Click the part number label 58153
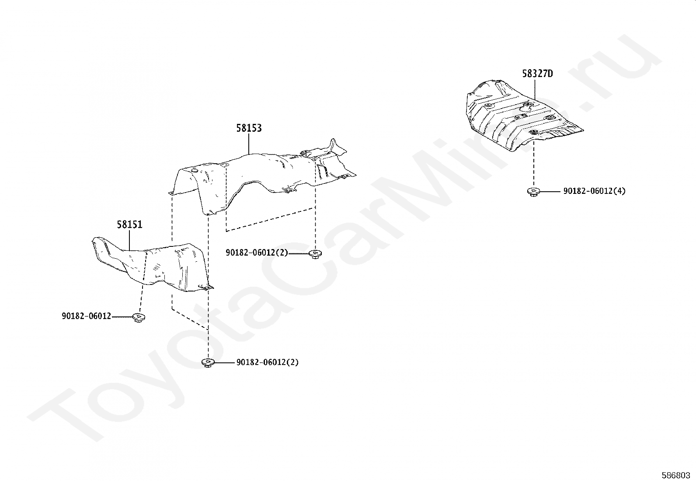pos(249,128)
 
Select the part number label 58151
pos(129,225)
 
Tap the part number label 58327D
pos(537,74)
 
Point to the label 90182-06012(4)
pos(594,191)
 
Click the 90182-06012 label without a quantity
pos(87,316)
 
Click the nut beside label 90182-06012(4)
pos(533,191)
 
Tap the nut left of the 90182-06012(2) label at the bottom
pos(207,362)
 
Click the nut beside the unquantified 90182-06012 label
pos(139,317)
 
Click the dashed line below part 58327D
pos(533,166)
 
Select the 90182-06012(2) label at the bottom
pos(267,362)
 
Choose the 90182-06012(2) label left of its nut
pos(257,253)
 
